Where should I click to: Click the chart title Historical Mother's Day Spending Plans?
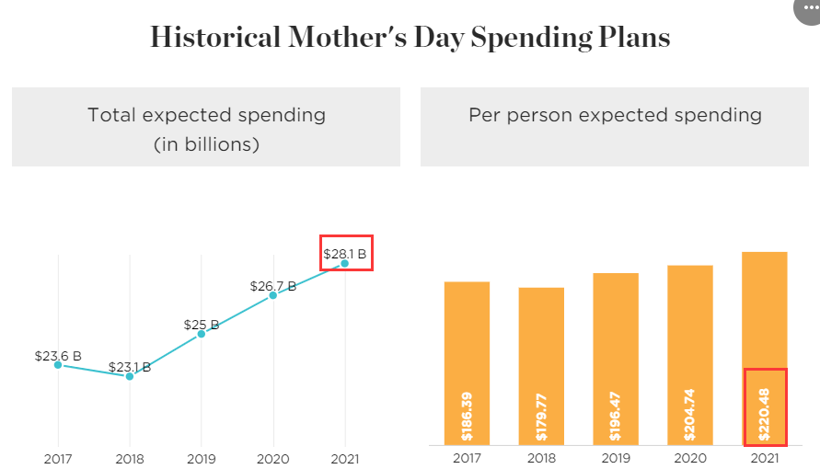(x=410, y=38)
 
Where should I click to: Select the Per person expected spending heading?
(x=615, y=115)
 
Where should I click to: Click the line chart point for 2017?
(x=58, y=365)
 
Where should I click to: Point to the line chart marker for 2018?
(x=130, y=376)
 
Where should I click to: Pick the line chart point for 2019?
(x=202, y=334)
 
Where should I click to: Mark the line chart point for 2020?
(x=273, y=295)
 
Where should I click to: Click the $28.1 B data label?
(x=346, y=254)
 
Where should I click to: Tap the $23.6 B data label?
(x=58, y=355)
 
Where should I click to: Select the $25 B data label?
(x=201, y=325)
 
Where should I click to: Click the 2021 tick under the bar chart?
(x=765, y=458)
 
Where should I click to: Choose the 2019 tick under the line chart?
(x=202, y=458)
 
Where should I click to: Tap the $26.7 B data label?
(x=273, y=286)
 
